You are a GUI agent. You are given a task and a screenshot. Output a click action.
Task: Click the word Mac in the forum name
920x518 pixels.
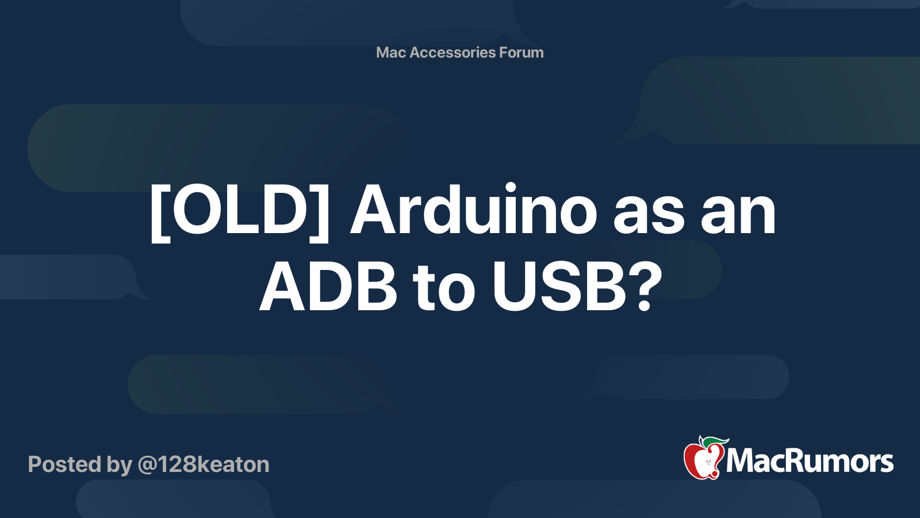[x=391, y=52]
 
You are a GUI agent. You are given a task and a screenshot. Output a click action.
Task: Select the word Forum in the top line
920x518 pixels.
[x=522, y=52]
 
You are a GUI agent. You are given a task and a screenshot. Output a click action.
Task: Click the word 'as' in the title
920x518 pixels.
[x=649, y=214]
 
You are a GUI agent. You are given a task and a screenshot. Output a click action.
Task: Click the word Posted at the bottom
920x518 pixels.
[x=63, y=464]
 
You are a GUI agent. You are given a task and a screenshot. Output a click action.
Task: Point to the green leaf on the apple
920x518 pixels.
[x=713, y=442]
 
